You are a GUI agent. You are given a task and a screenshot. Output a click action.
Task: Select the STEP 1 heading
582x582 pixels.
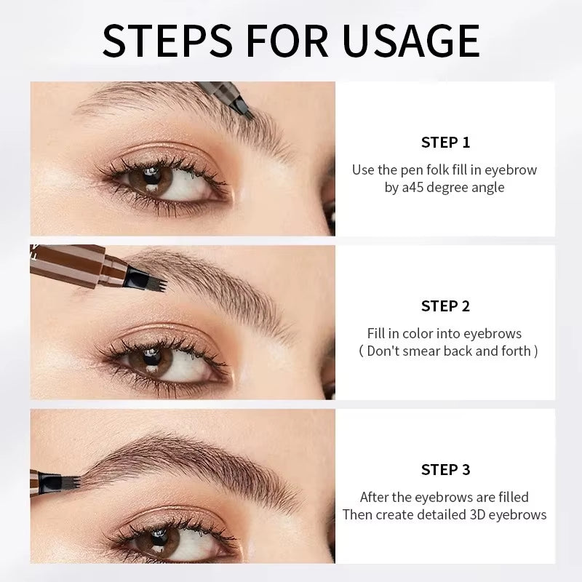pyautogui.click(x=445, y=142)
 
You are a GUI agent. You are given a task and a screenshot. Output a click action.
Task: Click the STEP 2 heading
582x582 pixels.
pyautogui.click(x=445, y=306)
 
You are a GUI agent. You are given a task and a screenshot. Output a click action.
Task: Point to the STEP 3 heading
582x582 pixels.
pyautogui.click(x=445, y=469)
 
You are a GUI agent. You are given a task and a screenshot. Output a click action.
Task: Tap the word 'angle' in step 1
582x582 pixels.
pyautogui.click(x=489, y=187)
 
